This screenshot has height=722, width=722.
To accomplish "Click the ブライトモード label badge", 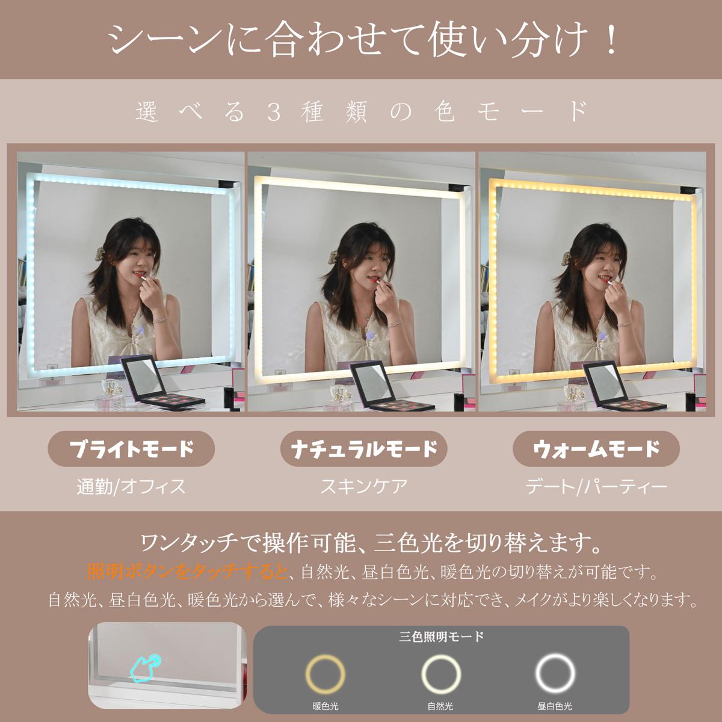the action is tap(131, 448).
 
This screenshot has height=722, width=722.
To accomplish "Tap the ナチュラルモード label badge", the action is tap(363, 448).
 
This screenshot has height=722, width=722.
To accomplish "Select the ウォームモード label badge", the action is tap(596, 448).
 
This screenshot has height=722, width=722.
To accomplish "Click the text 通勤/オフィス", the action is tap(131, 487).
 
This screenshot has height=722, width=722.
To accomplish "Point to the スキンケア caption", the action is tap(363, 486).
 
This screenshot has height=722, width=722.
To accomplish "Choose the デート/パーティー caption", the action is tap(596, 487).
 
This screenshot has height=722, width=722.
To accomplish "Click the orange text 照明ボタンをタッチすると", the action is tap(187, 573).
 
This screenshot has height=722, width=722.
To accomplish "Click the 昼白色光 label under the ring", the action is tap(555, 706).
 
